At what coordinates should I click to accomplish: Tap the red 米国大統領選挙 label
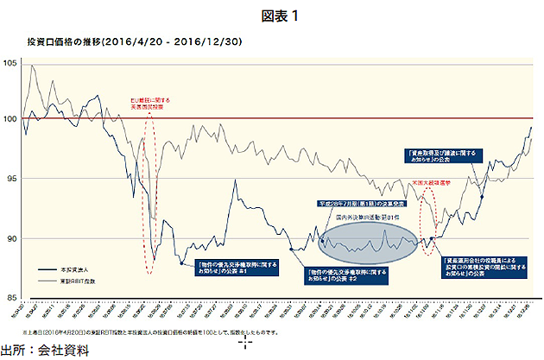point(439,184)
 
